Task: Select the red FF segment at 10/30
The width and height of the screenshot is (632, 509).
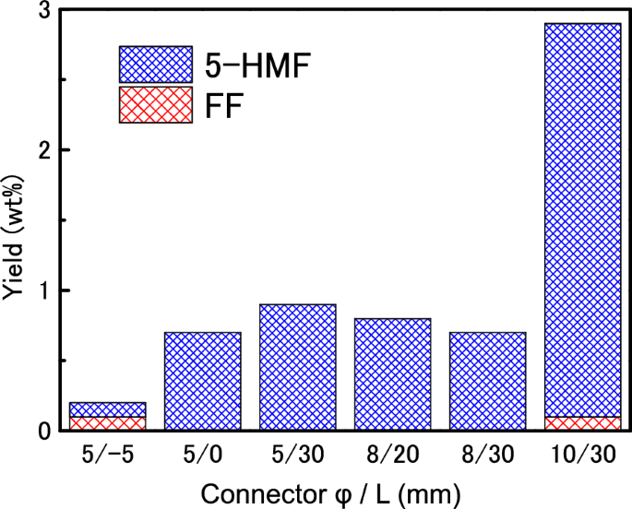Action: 582,423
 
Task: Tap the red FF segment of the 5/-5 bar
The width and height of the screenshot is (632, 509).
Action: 107,423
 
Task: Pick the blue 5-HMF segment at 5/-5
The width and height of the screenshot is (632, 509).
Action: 107,409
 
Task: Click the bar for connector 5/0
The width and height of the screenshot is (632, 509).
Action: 202,381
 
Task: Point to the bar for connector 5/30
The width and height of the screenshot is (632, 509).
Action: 297,367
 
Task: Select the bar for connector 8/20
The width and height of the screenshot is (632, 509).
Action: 392,373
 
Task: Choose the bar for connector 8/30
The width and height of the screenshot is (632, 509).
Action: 487,381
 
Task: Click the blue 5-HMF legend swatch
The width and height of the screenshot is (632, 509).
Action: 155,65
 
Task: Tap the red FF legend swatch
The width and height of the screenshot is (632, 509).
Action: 155,104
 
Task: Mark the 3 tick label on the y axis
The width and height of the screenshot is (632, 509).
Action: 43,11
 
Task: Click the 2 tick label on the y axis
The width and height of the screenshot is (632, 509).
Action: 43,150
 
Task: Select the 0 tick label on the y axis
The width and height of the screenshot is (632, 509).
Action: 43,431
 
